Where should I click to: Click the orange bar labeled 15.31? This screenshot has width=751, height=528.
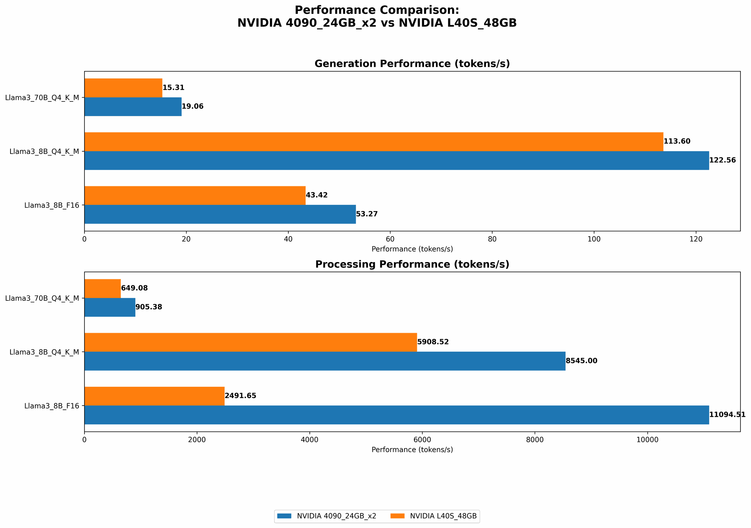pos(123,88)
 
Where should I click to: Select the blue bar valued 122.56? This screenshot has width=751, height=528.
pos(396,161)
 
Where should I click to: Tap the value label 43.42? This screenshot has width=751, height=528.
pos(317,195)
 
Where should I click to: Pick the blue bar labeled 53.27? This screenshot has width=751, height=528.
pos(220,214)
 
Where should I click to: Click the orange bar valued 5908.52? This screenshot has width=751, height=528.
pos(250,342)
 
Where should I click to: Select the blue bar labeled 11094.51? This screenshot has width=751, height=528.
pos(396,415)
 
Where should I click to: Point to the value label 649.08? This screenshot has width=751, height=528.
pos(134,288)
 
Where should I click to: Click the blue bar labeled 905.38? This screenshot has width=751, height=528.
pos(110,307)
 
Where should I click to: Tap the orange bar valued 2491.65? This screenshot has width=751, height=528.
pos(154,396)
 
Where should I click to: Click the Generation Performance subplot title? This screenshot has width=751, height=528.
pos(412,64)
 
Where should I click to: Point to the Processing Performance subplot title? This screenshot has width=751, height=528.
pos(412,264)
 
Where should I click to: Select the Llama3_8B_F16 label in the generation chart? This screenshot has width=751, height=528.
pos(52,205)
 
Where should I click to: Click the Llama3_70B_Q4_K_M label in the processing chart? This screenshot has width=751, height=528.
pos(42,298)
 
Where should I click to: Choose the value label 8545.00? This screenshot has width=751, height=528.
pos(581,361)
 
